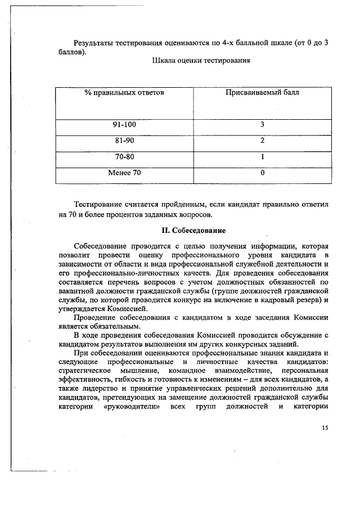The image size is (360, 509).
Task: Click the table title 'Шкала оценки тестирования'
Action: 201,60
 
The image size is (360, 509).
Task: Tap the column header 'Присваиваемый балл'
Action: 262,92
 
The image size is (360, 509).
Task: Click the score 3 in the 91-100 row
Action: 262,124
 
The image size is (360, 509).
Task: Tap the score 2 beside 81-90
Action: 262,141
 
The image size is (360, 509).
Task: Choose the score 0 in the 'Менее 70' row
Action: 262,173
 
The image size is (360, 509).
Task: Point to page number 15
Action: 325,427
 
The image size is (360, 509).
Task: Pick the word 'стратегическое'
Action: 84,372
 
